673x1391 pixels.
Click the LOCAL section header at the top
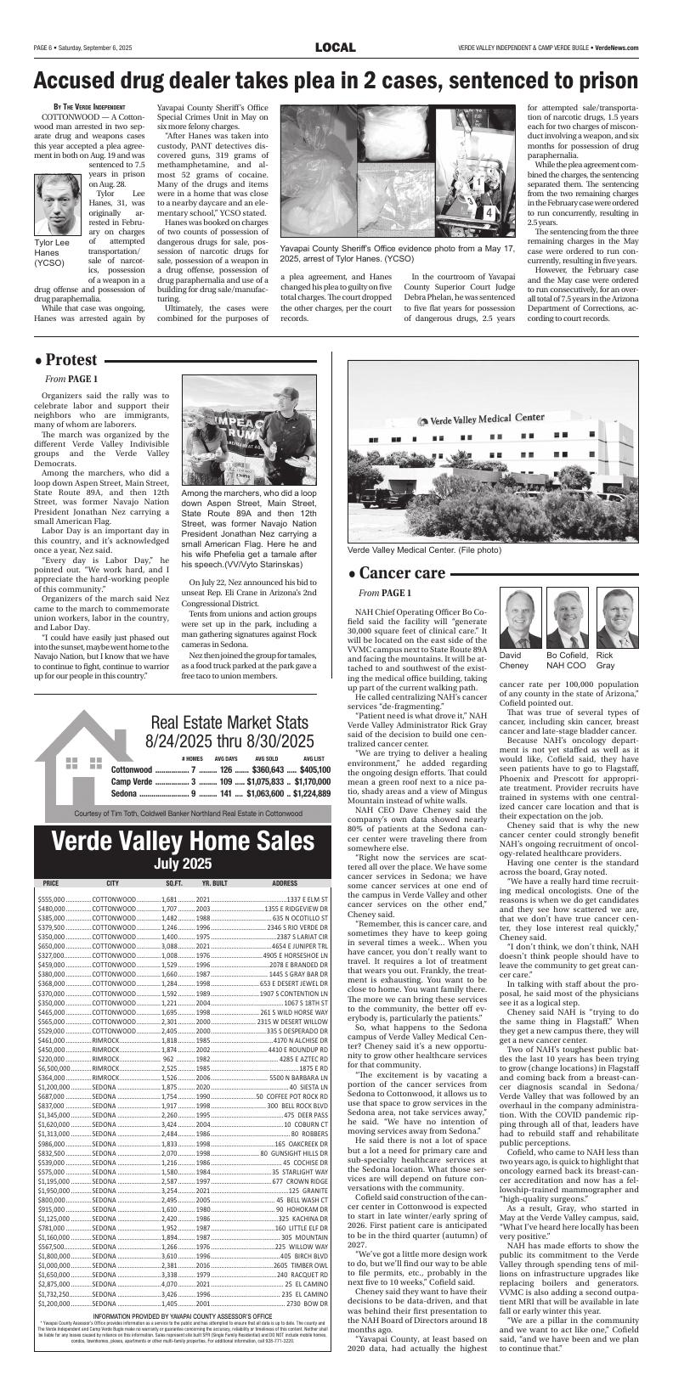[x=335, y=48]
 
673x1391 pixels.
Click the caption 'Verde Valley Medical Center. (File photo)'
[x=425, y=550]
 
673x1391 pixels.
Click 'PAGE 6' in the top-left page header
[x=46, y=48]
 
